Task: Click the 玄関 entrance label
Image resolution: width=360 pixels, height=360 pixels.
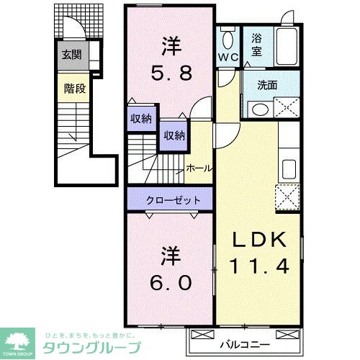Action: (x=71, y=53)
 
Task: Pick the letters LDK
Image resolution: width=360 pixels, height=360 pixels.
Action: (x=260, y=240)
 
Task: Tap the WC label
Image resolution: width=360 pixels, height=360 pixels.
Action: (x=230, y=55)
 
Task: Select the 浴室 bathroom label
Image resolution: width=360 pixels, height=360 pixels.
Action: (x=257, y=47)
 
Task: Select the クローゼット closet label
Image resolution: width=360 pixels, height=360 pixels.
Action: (x=170, y=199)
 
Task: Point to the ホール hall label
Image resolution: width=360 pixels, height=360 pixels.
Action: (x=199, y=168)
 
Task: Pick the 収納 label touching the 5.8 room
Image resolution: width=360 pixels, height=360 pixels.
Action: (x=141, y=119)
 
